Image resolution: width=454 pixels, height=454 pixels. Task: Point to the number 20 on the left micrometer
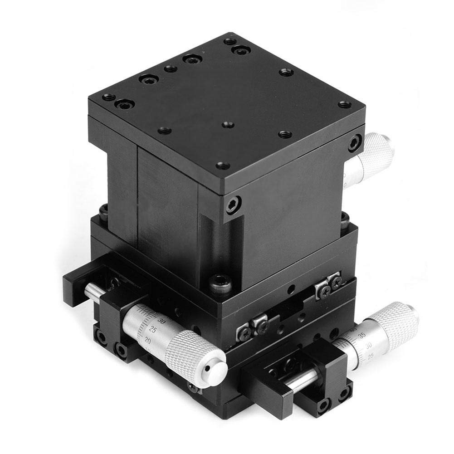click(147, 339)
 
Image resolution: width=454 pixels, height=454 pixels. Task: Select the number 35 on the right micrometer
click(361, 336)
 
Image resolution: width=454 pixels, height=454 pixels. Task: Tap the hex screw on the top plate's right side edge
click(354, 145)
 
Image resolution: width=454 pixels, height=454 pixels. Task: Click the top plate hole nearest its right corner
click(345, 104)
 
